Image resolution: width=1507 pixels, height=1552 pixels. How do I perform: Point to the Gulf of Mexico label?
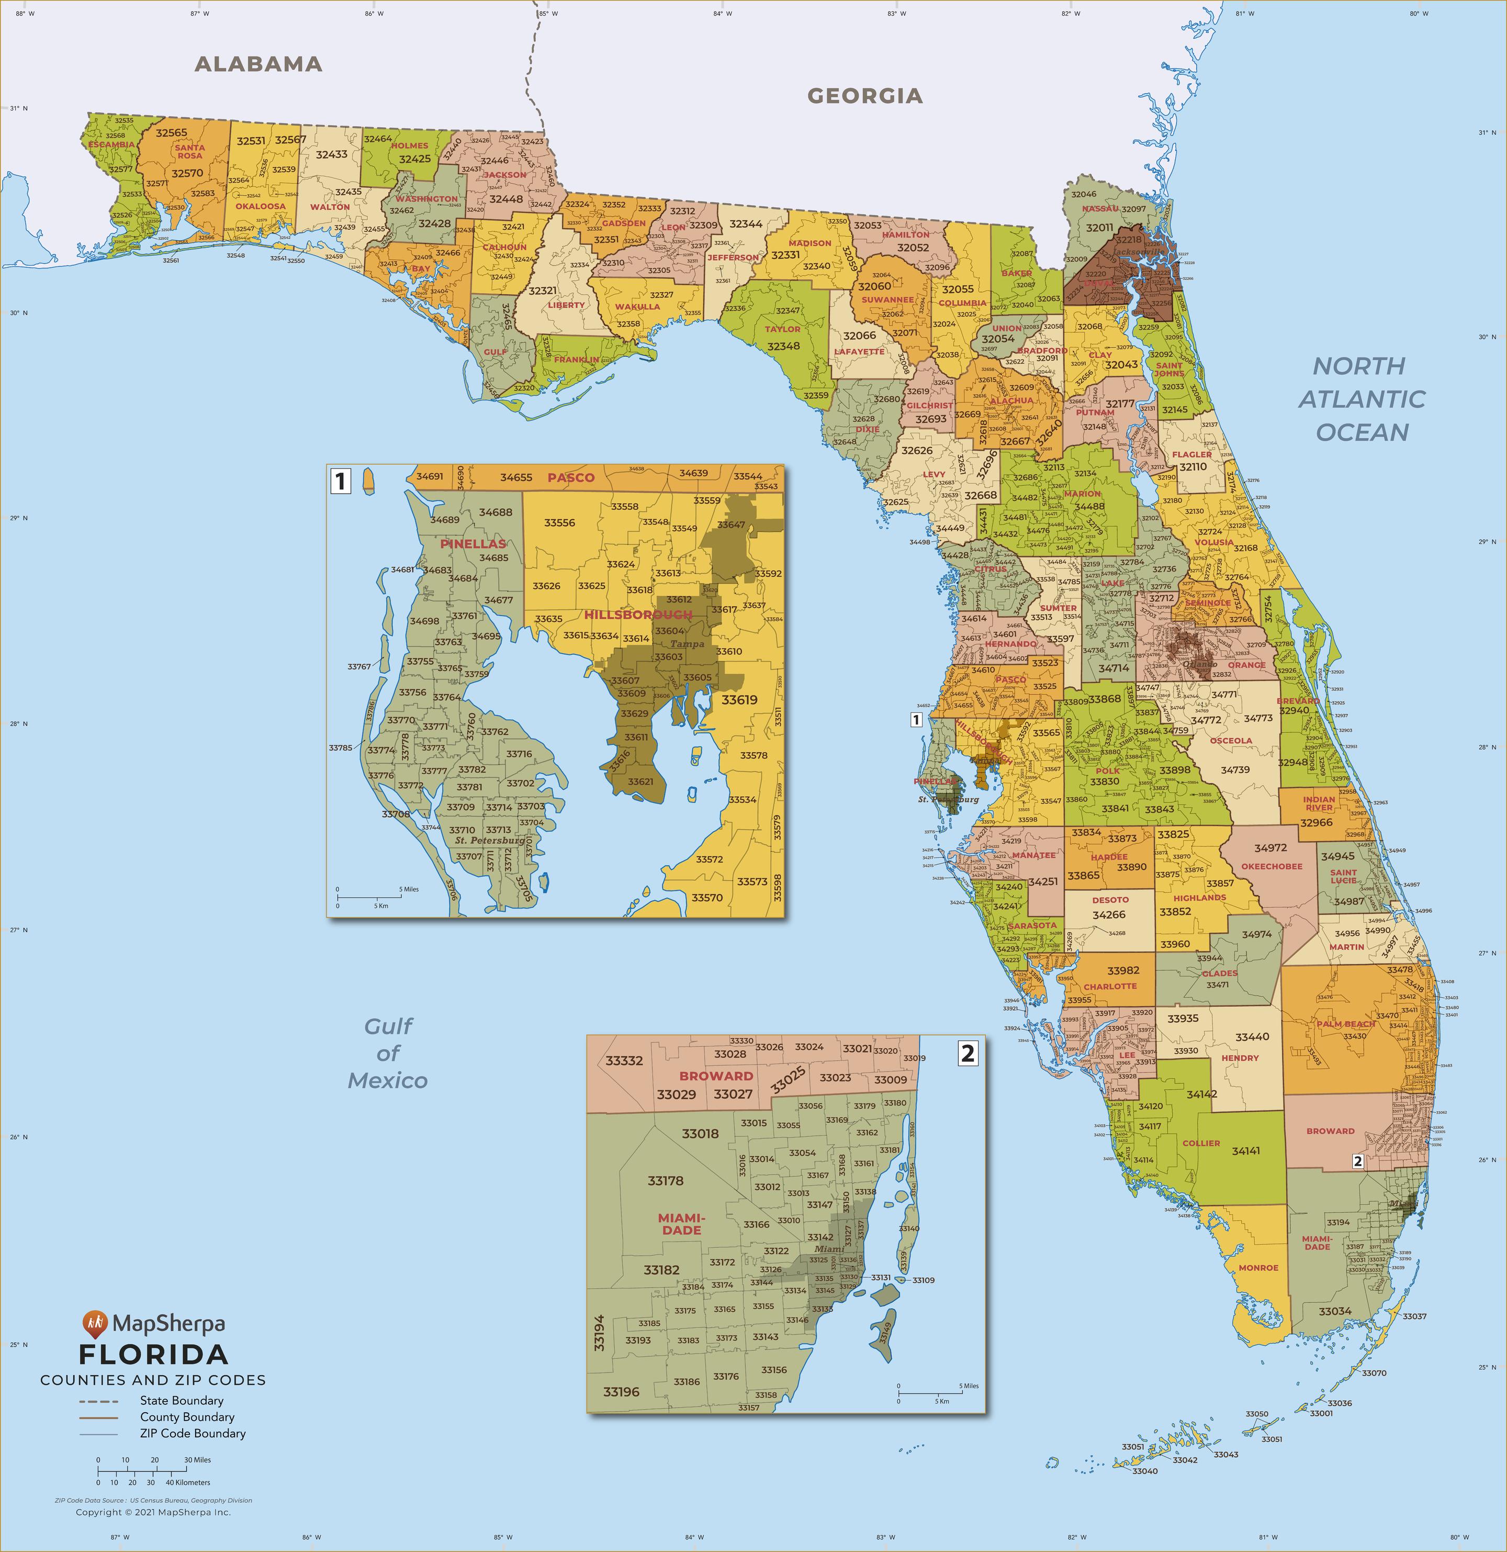coord(388,1053)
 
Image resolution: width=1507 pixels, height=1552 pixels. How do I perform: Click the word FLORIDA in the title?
coord(153,1354)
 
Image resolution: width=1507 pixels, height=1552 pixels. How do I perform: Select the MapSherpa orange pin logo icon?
coord(95,1322)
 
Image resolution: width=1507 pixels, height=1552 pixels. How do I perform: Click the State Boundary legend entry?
coord(181,1401)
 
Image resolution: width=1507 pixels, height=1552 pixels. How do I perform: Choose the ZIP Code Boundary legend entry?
coord(193,1433)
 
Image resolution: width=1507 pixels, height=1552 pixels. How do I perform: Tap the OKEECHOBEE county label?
coord(1271,866)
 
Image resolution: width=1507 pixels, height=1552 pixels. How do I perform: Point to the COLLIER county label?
coord(1201,1143)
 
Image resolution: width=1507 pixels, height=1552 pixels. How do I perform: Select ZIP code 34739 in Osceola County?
coord(1235,769)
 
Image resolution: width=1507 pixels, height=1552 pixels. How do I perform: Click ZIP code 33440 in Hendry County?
coord(1252,1036)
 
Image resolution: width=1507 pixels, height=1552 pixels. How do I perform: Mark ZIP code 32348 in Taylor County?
coord(783,346)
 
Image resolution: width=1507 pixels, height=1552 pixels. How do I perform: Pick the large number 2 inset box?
coord(967,1053)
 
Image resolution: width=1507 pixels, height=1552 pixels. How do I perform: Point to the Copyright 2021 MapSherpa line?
coord(153,1512)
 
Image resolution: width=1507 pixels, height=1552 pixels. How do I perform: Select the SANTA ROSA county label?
coord(190,151)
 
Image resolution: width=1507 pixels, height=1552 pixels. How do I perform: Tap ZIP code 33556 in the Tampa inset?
coord(559,522)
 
